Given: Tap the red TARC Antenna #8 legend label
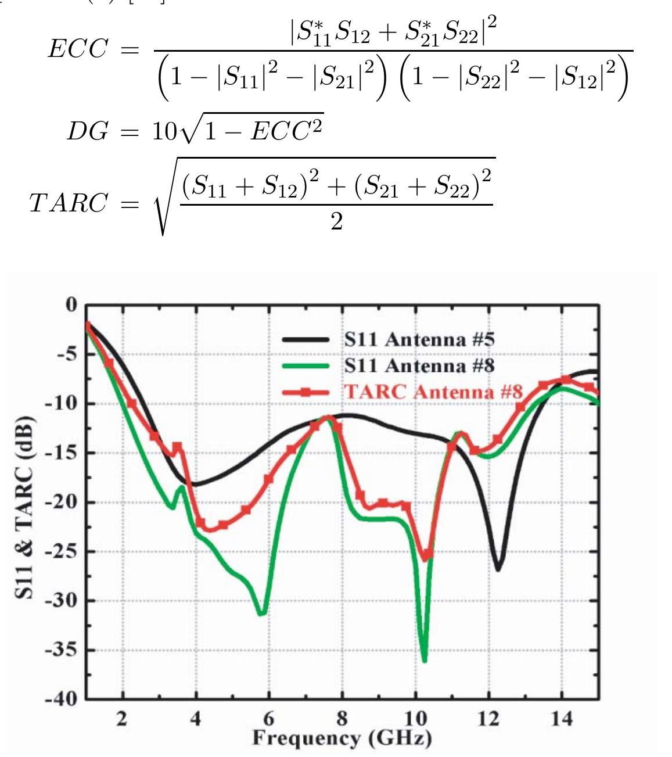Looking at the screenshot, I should pos(433,392).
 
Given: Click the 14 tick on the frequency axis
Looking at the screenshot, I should pos(561,719).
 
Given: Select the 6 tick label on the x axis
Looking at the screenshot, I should pos(268,719).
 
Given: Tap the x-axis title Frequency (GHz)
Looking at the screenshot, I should pos(342,738).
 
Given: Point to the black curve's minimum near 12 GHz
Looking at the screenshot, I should pos(497,569).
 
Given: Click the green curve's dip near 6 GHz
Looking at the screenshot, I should pos(262,613).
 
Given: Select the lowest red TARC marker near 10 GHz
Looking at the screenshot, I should pos(424,557).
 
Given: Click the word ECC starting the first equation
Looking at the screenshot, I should pos(78,50).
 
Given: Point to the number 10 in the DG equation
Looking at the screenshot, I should pos(163,132).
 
